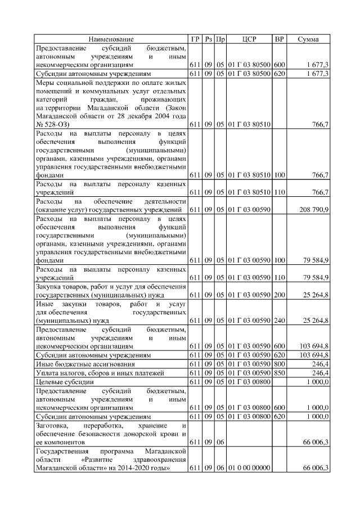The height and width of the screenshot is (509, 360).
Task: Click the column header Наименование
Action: click(x=111, y=39)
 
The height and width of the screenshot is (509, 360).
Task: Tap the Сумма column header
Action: click(x=308, y=39)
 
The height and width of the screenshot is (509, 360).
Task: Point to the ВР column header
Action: click(x=279, y=39)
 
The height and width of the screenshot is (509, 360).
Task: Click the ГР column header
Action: click(x=195, y=39)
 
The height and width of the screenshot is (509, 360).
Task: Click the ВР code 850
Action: click(x=280, y=373)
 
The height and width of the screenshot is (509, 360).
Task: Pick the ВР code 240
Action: click(x=280, y=320)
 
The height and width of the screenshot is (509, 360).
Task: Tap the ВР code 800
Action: click(x=280, y=364)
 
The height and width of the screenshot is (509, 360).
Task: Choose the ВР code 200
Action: click(x=280, y=294)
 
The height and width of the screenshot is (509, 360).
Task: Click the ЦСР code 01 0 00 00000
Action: click(x=249, y=468)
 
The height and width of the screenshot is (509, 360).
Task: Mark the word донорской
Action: click(x=144, y=434)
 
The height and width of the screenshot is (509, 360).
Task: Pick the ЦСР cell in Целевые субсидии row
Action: click(x=249, y=382)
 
